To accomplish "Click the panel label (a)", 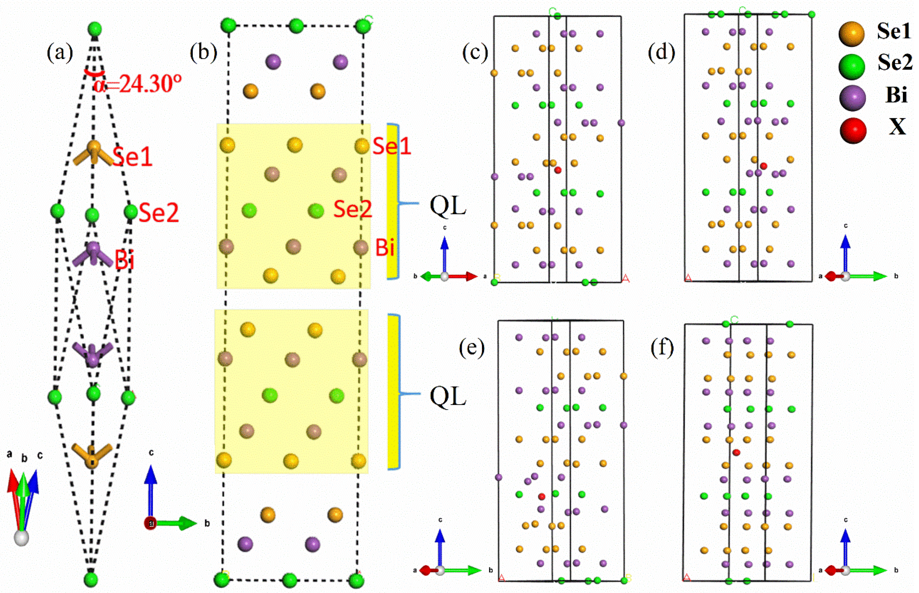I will coord(60,53).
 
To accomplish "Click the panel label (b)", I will coord(203,53).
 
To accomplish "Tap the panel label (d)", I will coord(661,53).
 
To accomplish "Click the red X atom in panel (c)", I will coord(558,170).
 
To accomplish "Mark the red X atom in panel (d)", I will coord(763,166).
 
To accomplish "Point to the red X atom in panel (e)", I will coord(541,497).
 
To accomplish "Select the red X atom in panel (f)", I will coord(736,452).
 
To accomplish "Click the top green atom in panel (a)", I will coord(95,29).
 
